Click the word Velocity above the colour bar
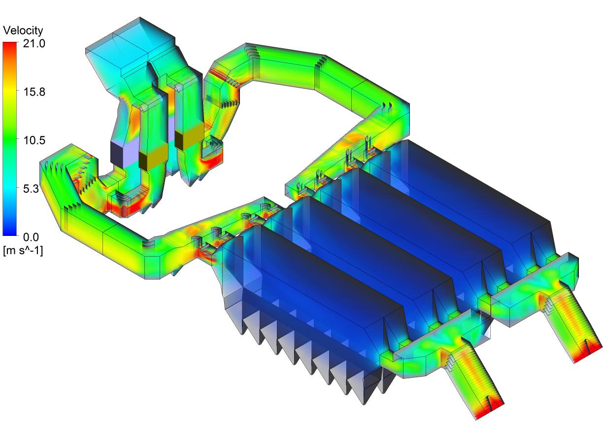pos(23,31)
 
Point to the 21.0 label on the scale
pos(34,43)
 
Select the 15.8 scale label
pos(34,92)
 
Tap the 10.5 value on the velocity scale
pos(34,140)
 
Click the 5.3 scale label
pos(31,189)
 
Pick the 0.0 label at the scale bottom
pos(31,237)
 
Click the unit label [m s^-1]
pos(23,251)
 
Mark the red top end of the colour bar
pos(10,45)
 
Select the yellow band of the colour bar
pos(10,92)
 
